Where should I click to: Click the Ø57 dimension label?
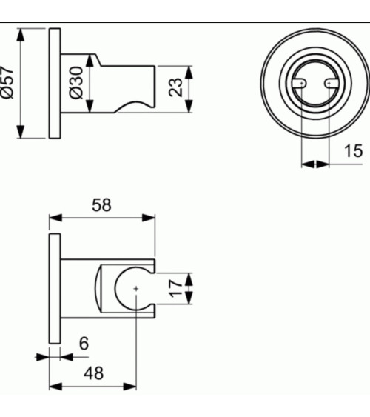coord(9,84)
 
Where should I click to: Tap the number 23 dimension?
coord(176,87)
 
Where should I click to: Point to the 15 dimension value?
coord(353,151)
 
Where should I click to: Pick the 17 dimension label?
coord(175,288)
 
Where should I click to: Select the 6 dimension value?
coord(83,344)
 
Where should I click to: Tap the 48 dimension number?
coord(93,373)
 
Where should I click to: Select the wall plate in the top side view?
coord(55,84)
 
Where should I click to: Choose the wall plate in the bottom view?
coord(55,288)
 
